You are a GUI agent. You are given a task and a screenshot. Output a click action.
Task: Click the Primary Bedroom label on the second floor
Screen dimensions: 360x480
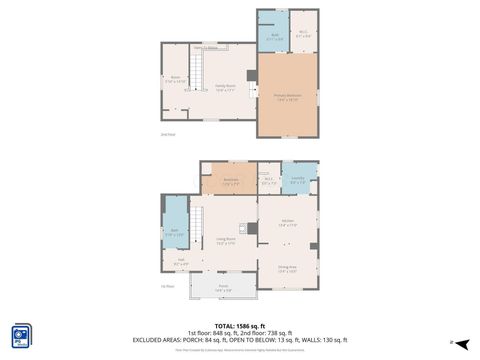click(x=288, y=97)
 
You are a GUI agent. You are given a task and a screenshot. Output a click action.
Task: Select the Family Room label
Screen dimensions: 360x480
click(x=224, y=87)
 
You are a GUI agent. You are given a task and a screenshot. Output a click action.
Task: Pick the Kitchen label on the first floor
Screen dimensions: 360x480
click(x=287, y=222)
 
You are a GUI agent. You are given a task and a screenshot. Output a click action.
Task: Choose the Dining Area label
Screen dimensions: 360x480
click(x=287, y=267)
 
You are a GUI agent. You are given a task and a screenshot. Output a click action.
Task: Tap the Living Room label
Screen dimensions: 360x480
click(x=226, y=240)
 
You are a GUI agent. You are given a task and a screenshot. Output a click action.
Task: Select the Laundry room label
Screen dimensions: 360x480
click(x=298, y=180)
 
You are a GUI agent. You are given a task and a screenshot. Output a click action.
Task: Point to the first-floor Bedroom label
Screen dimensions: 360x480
click(x=230, y=181)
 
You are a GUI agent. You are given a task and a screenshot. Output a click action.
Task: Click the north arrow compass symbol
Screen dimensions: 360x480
click(x=452, y=343)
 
